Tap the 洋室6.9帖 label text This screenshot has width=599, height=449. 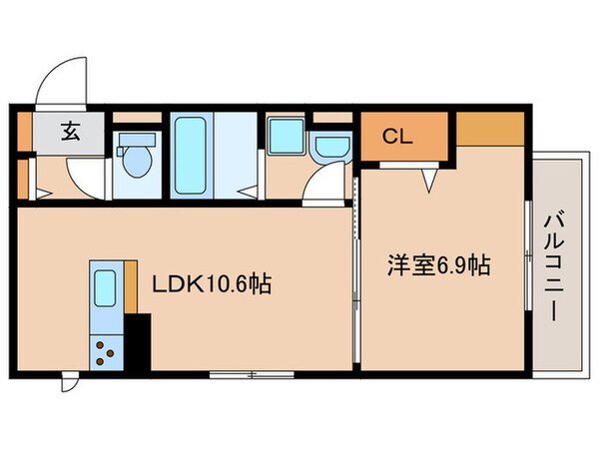click(438, 266)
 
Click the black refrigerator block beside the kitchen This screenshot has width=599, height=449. click(137, 343)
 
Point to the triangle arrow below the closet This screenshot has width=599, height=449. click(429, 181)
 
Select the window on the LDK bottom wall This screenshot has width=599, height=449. click(250, 375)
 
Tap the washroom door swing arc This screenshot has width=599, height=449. click(321, 186)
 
